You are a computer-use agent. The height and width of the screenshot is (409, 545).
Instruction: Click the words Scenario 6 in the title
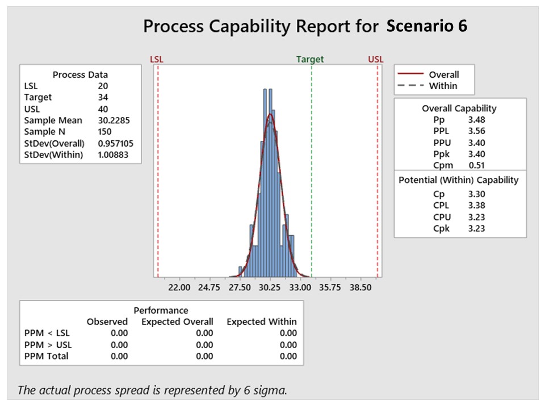click(426, 26)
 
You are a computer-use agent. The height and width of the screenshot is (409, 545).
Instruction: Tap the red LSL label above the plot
click(156, 59)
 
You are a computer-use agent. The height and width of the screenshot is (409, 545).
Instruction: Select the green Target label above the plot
click(310, 59)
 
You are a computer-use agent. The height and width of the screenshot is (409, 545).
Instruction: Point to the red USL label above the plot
click(376, 59)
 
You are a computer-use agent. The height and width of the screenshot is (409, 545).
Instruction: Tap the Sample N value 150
click(105, 132)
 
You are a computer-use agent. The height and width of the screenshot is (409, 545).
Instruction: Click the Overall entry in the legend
click(443, 74)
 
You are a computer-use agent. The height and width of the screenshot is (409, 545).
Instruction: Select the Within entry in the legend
click(443, 86)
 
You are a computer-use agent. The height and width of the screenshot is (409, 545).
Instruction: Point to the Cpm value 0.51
click(476, 165)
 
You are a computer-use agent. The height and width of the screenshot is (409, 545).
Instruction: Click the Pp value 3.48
click(476, 120)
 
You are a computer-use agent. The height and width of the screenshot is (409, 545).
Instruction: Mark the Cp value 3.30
click(476, 194)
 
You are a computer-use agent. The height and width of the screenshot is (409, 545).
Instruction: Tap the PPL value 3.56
click(476, 131)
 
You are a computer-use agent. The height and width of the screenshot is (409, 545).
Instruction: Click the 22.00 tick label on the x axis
click(179, 287)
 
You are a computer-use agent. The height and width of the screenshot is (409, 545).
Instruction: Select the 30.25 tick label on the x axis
click(270, 287)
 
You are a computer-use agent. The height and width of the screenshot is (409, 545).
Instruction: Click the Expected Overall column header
click(177, 322)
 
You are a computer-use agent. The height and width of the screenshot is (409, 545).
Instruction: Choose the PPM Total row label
click(47, 356)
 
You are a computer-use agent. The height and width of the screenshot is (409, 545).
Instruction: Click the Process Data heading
click(80, 74)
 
